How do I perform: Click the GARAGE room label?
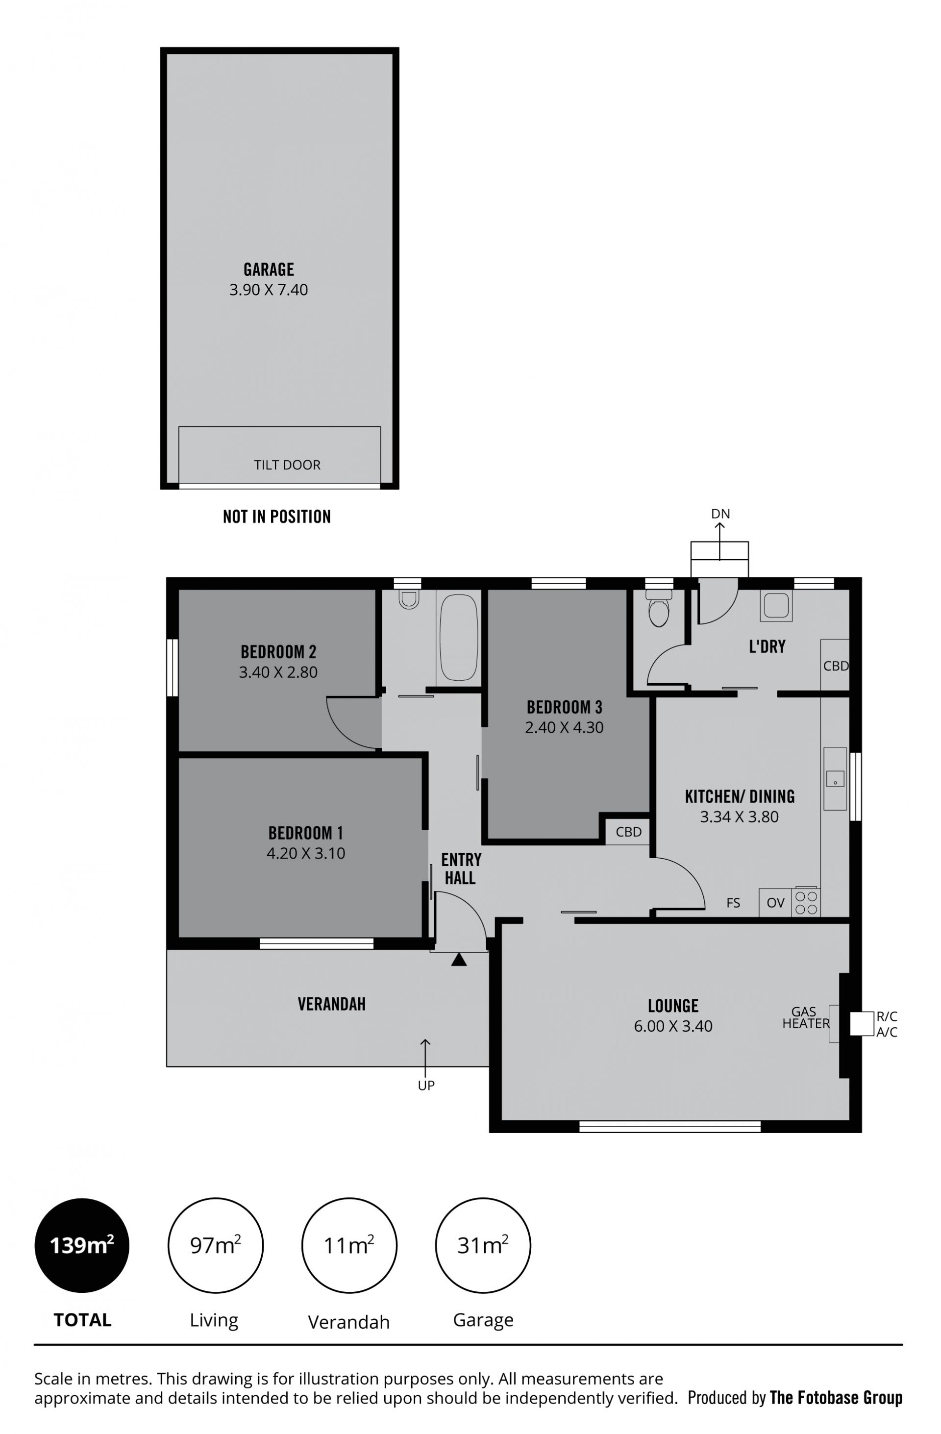[269, 270]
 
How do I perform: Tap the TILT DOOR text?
[287, 465]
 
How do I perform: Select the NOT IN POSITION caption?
[276, 517]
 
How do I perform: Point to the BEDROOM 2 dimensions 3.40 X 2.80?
[278, 672]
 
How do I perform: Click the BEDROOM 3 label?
[564, 707]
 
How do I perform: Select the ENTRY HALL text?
[461, 869]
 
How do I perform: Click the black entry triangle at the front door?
[459, 960]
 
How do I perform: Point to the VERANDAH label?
[331, 1004]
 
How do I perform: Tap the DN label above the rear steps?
[720, 514]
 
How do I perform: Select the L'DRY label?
[767, 646]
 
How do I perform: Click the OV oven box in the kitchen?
[775, 903]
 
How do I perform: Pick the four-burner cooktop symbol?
[806, 903]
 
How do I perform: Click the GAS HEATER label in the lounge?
[805, 1017]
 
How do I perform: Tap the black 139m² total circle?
[82, 1245]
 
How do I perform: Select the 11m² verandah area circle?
[349, 1245]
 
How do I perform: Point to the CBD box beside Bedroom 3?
[628, 832]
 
